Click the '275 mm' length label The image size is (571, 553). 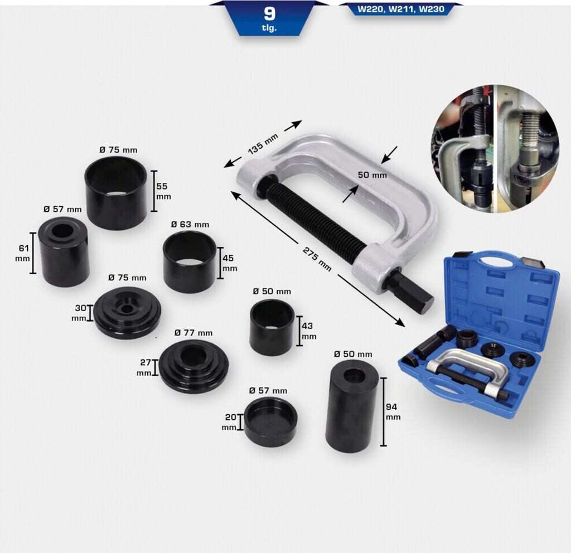(317, 259)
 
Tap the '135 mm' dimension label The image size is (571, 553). (263, 144)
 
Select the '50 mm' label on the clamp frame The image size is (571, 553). (372, 174)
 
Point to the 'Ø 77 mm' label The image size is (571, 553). (193, 333)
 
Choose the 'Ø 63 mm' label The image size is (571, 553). (190, 224)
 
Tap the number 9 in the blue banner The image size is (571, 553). (269, 14)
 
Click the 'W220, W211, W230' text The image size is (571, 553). (401, 9)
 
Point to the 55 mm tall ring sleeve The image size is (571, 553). (116, 193)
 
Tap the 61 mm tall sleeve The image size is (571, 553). (64, 252)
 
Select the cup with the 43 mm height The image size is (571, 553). (272, 327)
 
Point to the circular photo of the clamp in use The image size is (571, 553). (495, 149)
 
